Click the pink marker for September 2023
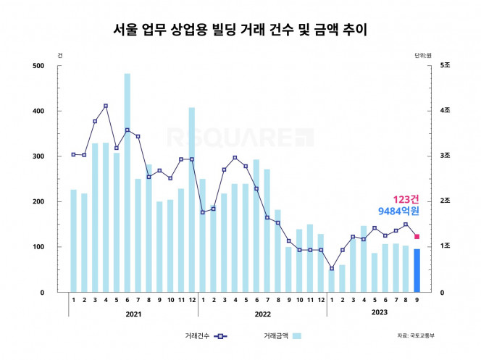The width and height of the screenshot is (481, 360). point(417,236)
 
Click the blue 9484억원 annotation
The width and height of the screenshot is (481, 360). point(398,212)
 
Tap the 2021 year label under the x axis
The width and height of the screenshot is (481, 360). point(133,314)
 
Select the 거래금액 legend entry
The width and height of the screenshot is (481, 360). point(283,336)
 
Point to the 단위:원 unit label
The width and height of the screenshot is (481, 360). point(422,55)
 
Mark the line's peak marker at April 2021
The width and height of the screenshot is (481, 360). point(106,106)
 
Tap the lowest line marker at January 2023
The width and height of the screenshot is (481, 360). point(331,269)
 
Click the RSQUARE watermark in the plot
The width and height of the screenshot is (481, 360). point(240,137)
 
